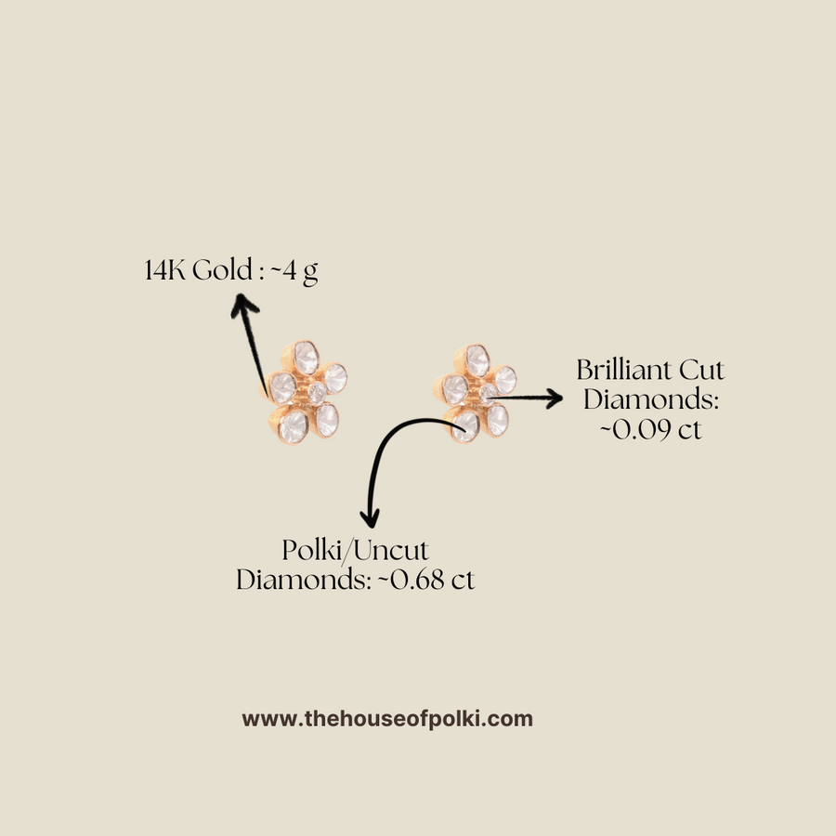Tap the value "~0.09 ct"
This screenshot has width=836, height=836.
pos(650,430)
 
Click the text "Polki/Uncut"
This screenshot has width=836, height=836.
pos(356,551)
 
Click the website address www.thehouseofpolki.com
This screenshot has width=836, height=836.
pos(387,718)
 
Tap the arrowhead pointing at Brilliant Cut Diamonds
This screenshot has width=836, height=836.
pos(555,398)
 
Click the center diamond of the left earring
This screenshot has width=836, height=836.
pos(316,394)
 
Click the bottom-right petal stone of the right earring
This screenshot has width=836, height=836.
pos(497,419)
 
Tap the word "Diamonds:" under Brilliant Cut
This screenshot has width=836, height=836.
pos(651,400)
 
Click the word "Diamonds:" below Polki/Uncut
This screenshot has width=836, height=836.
pos(302,581)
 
